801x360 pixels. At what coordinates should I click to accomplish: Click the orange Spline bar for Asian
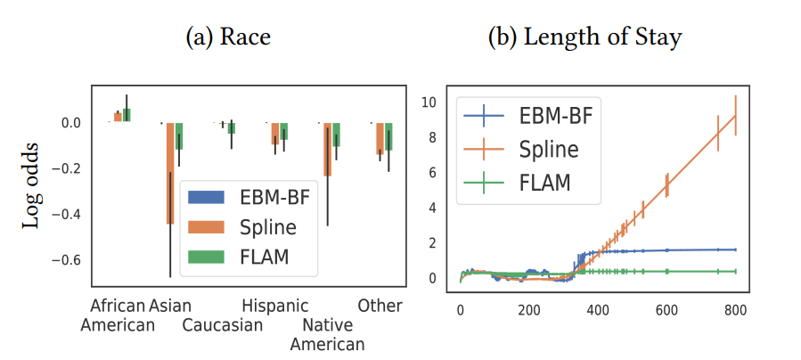click(x=170, y=173)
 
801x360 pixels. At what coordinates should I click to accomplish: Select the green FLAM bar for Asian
click(x=179, y=135)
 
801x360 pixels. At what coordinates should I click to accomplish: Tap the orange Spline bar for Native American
click(x=328, y=149)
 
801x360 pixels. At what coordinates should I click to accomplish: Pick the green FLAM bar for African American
click(x=127, y=115)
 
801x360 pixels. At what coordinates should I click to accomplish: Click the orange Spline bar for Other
click(x=380, y=138)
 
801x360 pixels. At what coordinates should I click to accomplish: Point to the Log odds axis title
click(x=31, y=184)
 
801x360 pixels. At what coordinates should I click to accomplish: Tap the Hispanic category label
click(x=275, y=306)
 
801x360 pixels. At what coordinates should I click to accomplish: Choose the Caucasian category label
click(x=223, y=325)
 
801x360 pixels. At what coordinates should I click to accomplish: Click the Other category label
click(x=380, y=306)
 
